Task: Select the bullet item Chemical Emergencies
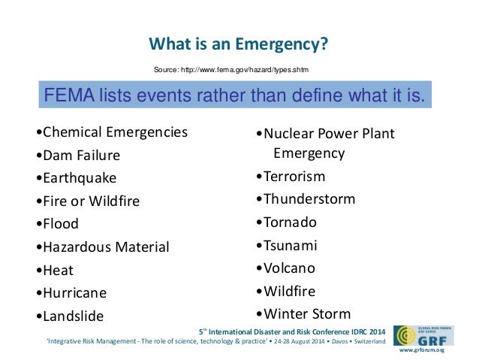coord(113,132)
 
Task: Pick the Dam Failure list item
coord(79,156)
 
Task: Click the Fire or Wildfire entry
coord(89,201)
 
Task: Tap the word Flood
coord(59,223)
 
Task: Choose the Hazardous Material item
coord(104,247)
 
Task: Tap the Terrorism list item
coord(291,177)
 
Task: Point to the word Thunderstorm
coord(306,199)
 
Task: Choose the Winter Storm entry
coord(303,313)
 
